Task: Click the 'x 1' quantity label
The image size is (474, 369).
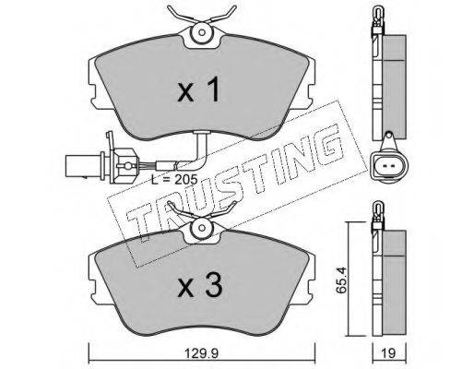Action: (x=199, y=89)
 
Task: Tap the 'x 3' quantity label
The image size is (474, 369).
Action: (x=199, y=285)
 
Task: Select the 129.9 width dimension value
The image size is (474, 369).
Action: (x=202, y=353)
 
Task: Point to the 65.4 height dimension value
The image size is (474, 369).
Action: (x=341, y=280)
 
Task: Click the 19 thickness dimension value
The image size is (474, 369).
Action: (x=389, y=353)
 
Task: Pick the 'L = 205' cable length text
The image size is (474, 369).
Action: (x=174, y=179)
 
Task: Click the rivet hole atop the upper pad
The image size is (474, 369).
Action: (x=202, y=32)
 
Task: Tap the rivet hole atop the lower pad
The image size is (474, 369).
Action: (x=202, y=228)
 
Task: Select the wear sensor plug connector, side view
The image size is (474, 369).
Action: (x=101, y=166)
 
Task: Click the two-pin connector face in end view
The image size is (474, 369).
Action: (x=388, y=166)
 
